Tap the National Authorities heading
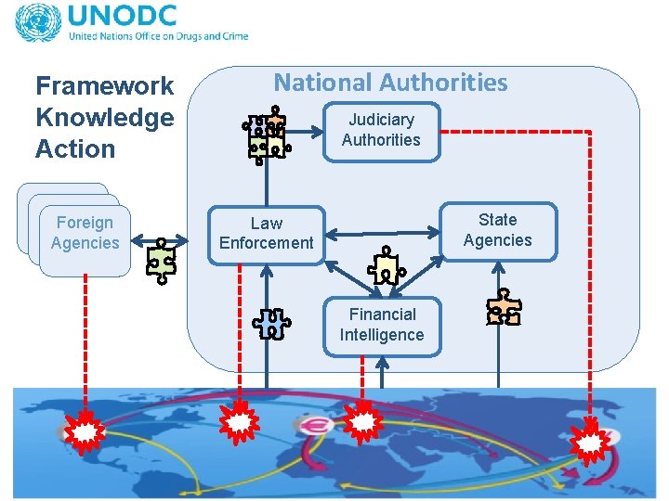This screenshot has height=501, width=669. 390,83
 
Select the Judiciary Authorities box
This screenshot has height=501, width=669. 381,131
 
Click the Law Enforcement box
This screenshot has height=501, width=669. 267,234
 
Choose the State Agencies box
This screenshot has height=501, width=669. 497,230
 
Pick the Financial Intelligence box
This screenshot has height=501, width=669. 382,325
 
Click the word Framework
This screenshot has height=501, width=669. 104,86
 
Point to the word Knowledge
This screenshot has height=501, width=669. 104,118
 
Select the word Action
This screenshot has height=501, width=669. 75,148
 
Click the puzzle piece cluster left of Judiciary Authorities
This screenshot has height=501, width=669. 266,135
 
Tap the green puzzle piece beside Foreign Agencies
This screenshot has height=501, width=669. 162,260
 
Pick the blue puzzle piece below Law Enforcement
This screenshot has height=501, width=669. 271,323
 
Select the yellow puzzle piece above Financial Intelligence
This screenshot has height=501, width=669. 386,267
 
